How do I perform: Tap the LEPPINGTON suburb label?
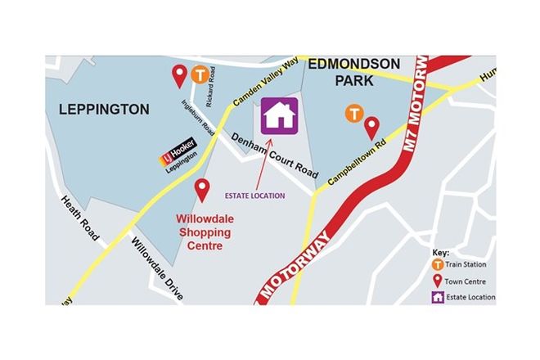[103, 109]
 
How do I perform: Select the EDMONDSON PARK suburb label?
[353, 72]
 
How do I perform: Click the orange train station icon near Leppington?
[199, 75]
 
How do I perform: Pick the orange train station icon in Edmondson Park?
[353, 114]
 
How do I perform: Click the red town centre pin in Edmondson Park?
[371, 128]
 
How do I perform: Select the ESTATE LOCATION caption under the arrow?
[255, 196]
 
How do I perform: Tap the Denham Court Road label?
[272, 156]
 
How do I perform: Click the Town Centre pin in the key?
[439, 281]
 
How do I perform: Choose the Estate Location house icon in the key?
[439, 297]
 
